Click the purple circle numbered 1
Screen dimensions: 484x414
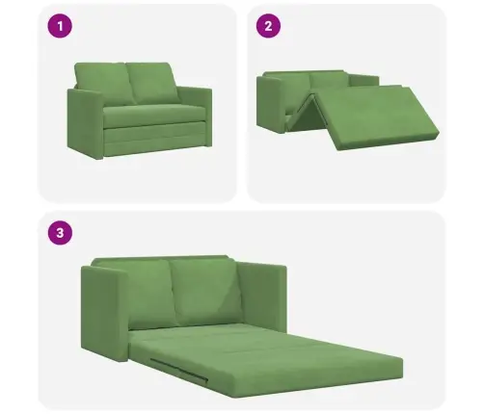click(60, 26)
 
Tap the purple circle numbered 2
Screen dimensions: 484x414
click(268, 26)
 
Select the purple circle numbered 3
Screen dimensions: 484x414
click(60, 232)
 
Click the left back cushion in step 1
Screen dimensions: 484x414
click(104, 84)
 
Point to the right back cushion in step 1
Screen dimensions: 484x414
click(152, 83)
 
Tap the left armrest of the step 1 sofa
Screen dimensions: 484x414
click(85, 123)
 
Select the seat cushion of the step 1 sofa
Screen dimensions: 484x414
click(154, 116)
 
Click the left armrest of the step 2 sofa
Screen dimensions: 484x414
click(271, 104)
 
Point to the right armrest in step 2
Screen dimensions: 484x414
click(364, 80)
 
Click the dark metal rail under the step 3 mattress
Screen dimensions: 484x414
click(178, 370)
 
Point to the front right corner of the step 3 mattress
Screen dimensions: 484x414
click(402, 377)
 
